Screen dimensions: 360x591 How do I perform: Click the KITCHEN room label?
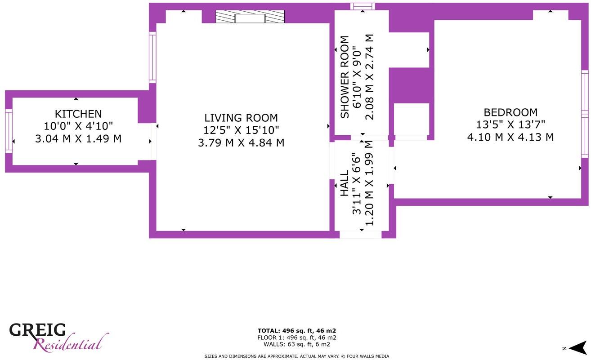point(78,114)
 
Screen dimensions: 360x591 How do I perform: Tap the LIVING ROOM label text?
point(241,118)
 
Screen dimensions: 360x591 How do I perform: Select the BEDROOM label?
point(510,112)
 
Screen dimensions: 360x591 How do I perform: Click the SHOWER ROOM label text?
point(345,77)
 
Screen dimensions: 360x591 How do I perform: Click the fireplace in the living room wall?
point(250,17)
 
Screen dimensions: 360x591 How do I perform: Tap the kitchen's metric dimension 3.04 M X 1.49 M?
point(78,139)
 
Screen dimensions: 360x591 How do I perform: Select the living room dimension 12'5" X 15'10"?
point(241,130)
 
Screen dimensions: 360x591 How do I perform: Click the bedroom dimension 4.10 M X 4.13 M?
point(510,137)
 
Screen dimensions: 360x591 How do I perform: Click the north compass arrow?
point(577,347)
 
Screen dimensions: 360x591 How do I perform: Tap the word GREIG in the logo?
point(38,331)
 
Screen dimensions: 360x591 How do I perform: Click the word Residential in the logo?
point(70,345)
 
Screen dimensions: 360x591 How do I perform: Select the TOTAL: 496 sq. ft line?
point(297,331)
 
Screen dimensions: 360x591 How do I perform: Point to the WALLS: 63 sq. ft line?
point(297,344)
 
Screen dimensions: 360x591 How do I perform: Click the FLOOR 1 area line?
point(297,338)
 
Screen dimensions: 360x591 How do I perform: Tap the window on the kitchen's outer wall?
point(9,131)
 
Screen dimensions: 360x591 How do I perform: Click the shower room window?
point(363,6)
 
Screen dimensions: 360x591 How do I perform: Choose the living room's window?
point(152,58)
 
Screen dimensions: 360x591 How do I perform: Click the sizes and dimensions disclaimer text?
point(297,356)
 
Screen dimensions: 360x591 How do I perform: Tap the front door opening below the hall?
point(360,235)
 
